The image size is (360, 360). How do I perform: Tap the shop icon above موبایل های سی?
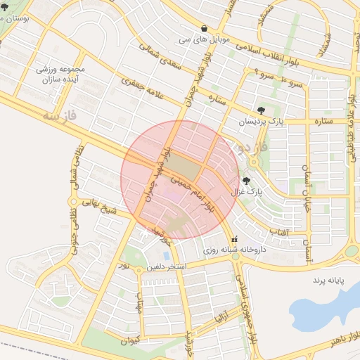204,29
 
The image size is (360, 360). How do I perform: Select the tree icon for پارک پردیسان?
262,110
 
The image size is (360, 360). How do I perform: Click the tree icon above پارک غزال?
245,182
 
